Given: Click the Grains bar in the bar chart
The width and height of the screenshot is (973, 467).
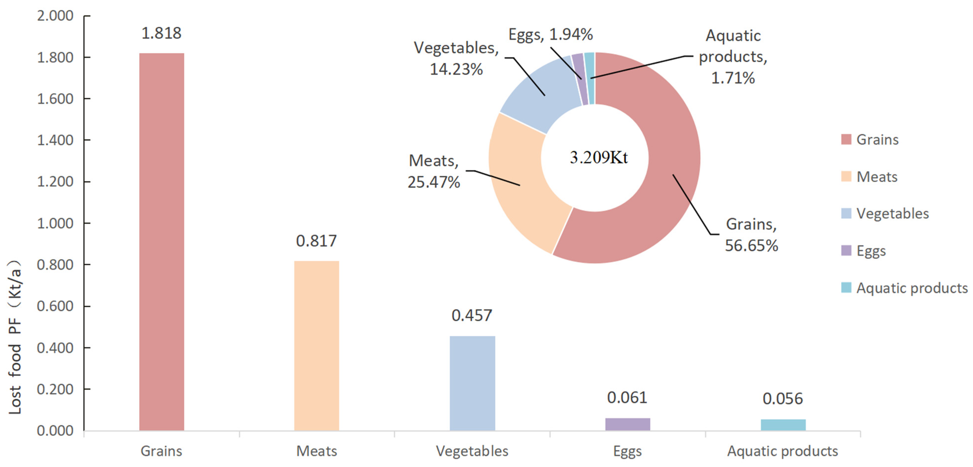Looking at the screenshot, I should [x=162, y=242].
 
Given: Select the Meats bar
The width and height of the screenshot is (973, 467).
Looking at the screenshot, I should [x=317, y=345].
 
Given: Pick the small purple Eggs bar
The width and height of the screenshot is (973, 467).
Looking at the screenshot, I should [x=627, y=424].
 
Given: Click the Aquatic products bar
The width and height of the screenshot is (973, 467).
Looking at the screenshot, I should [x=783, y=425].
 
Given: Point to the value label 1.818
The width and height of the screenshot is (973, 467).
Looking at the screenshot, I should [x=161, y=33].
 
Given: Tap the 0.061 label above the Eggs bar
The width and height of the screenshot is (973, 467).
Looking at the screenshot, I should [x=627, y=398].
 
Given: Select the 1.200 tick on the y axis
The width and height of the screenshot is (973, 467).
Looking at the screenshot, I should [x=55, y=182].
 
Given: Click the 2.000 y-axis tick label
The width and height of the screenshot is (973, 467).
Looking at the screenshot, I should [x=55, y=16].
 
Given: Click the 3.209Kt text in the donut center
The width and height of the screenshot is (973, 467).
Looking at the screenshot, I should [x=599, y=157].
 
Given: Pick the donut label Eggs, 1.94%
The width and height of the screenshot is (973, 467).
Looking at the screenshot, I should [x=550, y=35].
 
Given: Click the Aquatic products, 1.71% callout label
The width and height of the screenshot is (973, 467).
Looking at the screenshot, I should [x=733, y=57].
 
